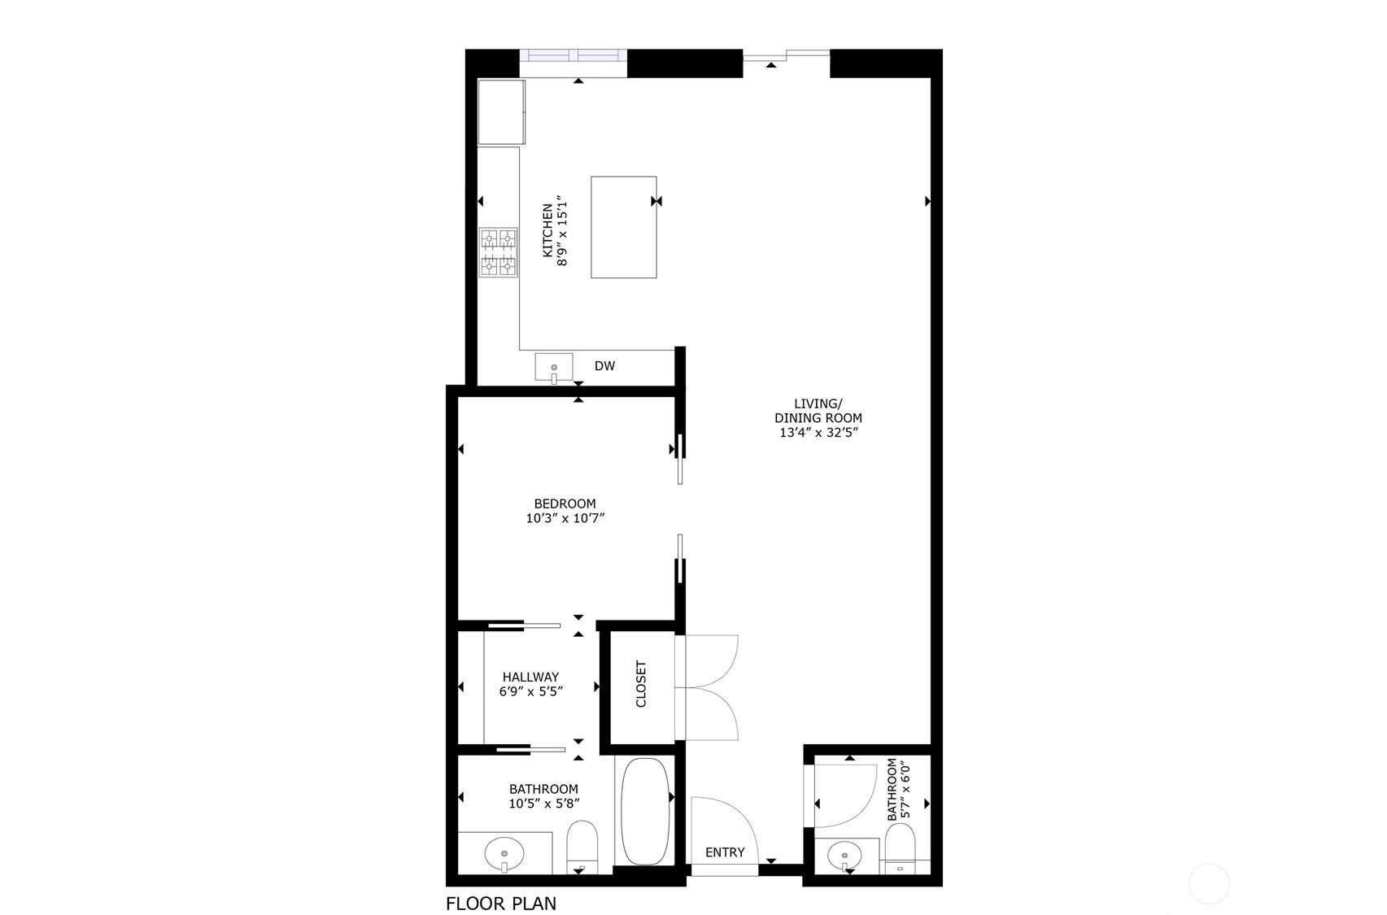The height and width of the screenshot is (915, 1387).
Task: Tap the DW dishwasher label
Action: [x=604, y=366]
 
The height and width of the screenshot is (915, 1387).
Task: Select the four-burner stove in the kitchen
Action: [x=498, y=252]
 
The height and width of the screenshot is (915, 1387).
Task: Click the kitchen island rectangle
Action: [x=624, y=227]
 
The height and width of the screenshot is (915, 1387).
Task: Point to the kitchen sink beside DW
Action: [x=554, y=368]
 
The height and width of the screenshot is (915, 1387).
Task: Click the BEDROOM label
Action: [x=565, y=503]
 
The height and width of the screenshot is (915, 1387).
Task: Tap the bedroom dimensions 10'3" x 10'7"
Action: [x=565, y=518]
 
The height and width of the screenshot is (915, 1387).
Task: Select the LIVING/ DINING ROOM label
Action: [x=818, y=411]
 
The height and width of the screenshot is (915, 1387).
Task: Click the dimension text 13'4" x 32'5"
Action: [x=818, y=433]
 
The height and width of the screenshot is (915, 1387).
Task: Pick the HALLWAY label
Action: [x=530, y=677]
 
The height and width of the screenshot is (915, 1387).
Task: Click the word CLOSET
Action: [x=641, y=684]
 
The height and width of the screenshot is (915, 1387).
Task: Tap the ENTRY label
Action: [x=725, y=852]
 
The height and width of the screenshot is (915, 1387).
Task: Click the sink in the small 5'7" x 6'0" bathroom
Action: [x=846, y=856]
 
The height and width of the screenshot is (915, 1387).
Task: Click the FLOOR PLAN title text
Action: [x=501, y=903]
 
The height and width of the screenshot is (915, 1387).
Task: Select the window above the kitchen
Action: [x=574, y=56]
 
